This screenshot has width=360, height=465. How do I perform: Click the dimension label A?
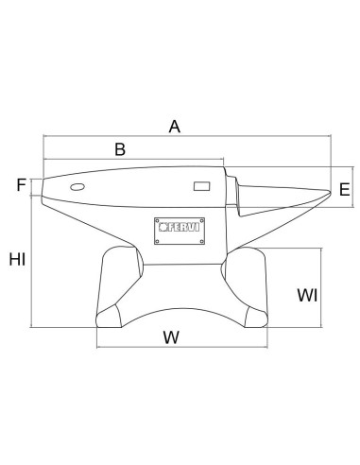[175, 127]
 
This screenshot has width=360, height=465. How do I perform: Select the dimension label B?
[120, 149]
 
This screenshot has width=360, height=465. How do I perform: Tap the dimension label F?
[21, 185]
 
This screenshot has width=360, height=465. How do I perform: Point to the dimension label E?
[345, 190]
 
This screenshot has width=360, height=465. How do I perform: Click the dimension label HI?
[17, 259]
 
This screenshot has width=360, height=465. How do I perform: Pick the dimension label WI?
[307, 296]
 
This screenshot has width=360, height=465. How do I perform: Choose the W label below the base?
[171, 337]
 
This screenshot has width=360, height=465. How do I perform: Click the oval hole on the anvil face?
[77, 187]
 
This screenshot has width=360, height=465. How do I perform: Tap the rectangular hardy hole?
[202, 186]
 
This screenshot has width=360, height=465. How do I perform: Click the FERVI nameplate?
[180, 231]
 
